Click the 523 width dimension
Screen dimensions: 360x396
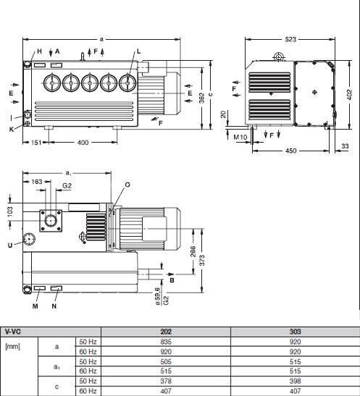(x=290, y=39)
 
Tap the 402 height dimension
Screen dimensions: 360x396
(x=349, y=94)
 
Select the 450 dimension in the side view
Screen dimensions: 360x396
(x=290, y=151)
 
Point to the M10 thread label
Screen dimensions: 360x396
(x=240, y=137)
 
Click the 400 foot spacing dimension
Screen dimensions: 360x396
(x=83, y=143)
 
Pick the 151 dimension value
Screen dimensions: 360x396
(x=36, y=143)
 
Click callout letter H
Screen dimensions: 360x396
(x=39, y=51)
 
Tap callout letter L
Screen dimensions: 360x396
(x=138, y=51)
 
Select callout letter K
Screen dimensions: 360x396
(x=12, y=130)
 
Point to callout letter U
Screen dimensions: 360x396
(x=10, y=245)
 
